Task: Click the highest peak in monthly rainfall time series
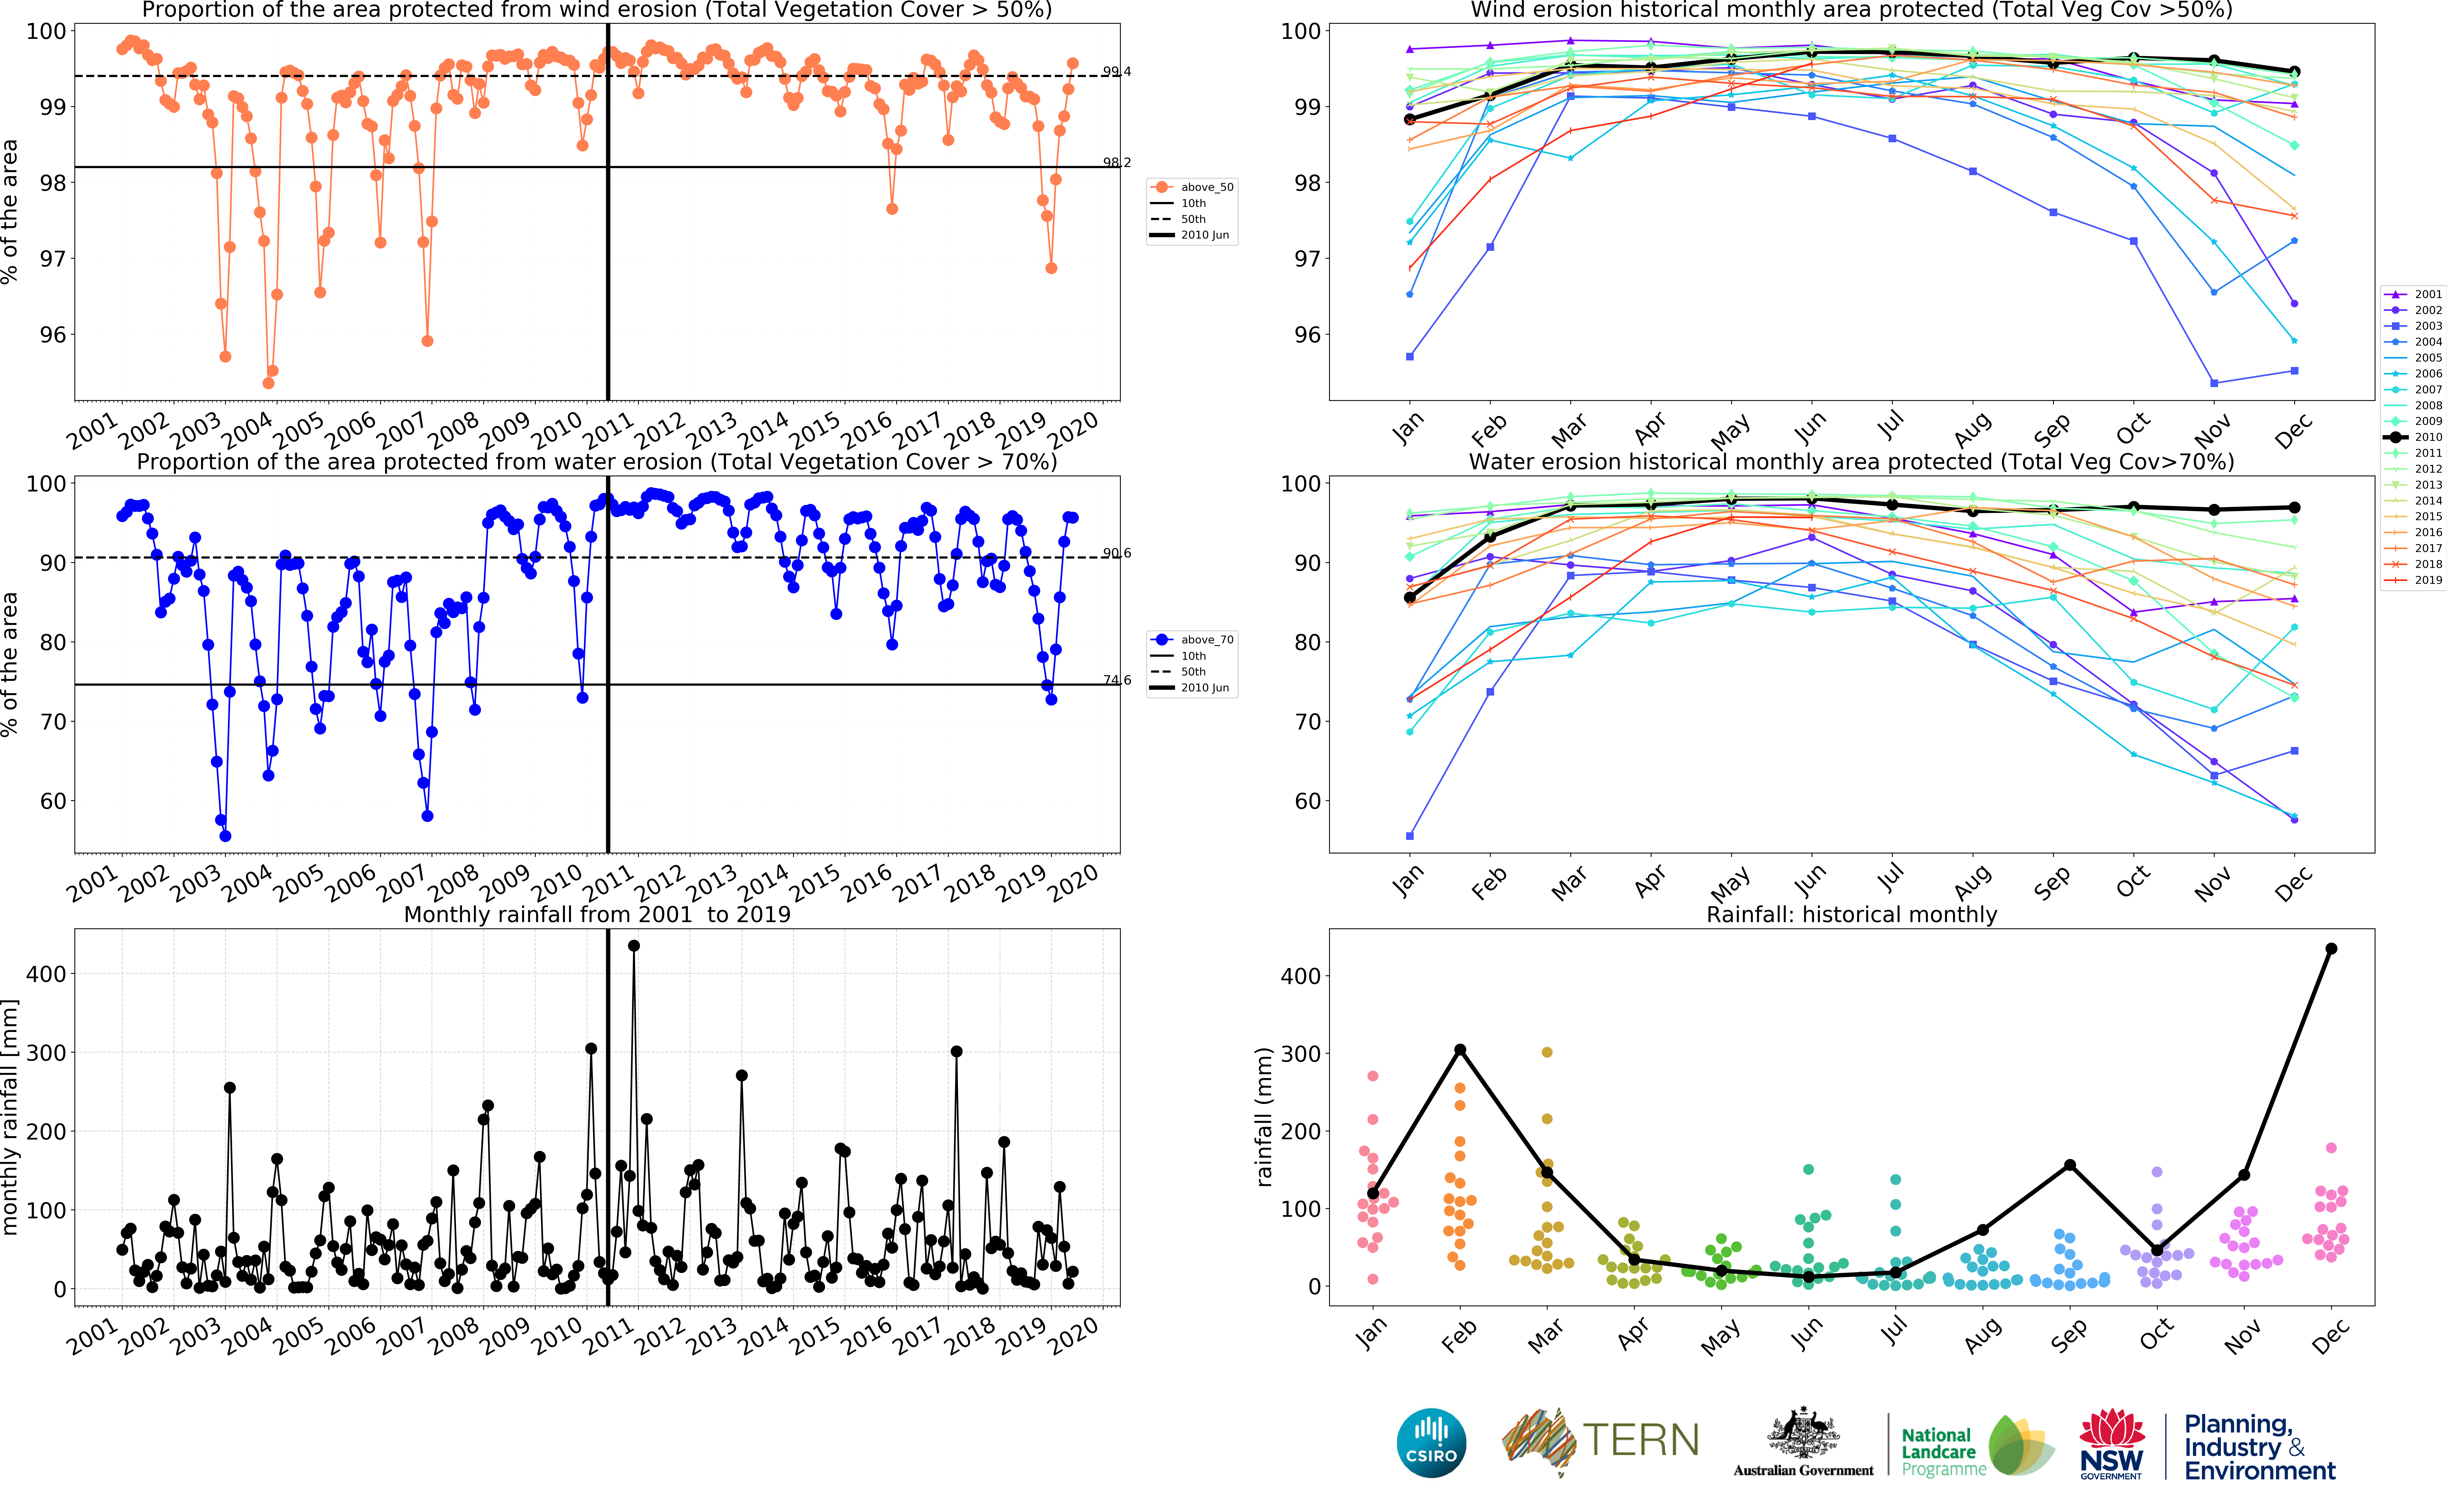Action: (x=634, y=946)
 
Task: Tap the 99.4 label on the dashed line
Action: (x=1116, y=72)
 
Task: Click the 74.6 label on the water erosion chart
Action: (x=1116, y=680)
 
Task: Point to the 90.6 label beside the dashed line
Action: (x=1116, y=553)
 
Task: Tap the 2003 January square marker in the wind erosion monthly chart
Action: (x=1410, y=356)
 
